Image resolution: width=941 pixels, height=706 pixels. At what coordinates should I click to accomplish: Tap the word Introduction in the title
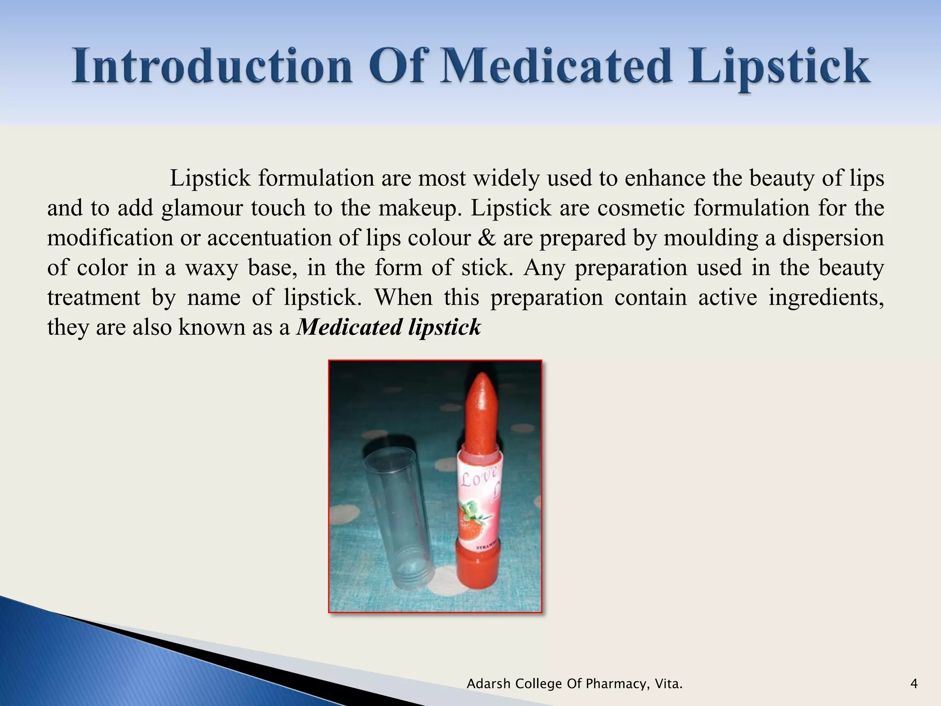coord(212,68)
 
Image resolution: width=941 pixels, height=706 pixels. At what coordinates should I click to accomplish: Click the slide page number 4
coord(913,684)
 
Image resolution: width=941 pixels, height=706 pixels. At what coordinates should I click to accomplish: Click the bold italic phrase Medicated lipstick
coord(389,327)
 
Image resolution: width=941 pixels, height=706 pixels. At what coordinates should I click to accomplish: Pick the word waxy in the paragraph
coord(211,268)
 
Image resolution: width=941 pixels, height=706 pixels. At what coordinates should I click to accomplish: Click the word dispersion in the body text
coord(833,238)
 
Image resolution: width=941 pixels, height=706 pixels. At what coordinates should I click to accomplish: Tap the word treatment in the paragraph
coord(94,298)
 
